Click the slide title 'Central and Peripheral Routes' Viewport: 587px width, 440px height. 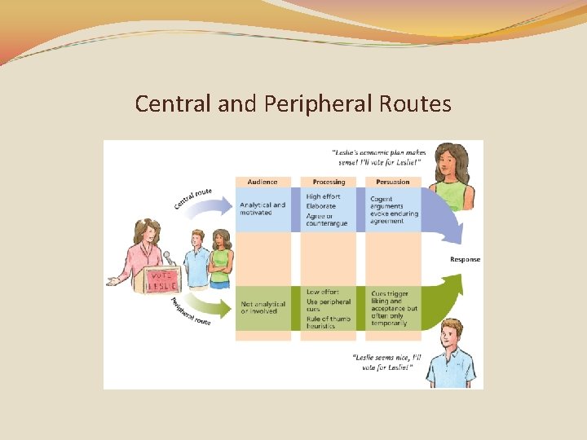click(293, 104)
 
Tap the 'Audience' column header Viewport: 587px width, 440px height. click(263, 182)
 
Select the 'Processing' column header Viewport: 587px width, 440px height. click(328, 182)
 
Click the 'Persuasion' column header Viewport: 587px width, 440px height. click(393, 182)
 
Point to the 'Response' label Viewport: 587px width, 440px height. click(465, 260)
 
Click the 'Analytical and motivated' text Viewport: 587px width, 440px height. click(263, 209)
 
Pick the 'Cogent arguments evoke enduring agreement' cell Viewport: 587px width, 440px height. click(395, 209)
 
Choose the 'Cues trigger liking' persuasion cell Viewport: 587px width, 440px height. click(395, 305)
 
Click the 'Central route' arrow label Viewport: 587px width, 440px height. click(192, 198)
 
